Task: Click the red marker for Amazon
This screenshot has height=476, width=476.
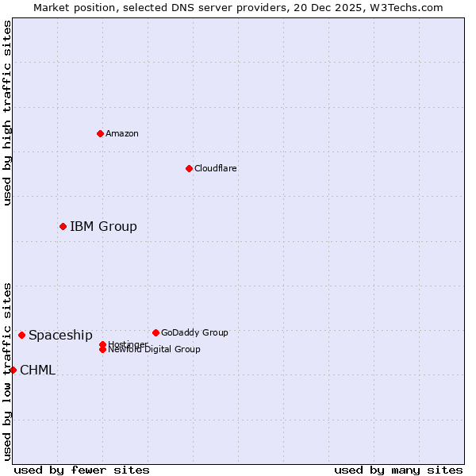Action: point(100,133)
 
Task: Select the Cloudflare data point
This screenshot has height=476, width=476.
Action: point(189,168)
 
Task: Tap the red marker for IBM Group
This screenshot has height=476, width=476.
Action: point(63,226)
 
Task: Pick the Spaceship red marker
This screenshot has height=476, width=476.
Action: point(21,335)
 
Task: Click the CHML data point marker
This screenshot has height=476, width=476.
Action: point(13,370)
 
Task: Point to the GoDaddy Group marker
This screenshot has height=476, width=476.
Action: point(155,332)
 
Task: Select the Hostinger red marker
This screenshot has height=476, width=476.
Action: point(102,344)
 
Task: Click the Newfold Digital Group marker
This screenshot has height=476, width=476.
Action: point(102,350)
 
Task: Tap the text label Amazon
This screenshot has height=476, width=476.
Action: point(122,133)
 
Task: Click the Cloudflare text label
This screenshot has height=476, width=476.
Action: point(215,168)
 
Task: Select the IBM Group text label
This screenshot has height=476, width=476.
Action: point(103,226)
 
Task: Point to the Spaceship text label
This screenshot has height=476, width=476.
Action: point(60,335)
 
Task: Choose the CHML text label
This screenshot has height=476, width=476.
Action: point(37,370)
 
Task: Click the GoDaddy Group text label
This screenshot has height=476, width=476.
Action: point(194,332)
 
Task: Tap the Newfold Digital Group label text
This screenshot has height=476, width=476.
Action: point(155,350)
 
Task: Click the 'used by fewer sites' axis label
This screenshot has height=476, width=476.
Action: point(82,470)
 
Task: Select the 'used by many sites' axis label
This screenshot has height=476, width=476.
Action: point(398,470)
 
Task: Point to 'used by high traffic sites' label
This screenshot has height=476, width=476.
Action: point(7,113)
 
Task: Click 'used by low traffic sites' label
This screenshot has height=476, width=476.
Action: point(7,371)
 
